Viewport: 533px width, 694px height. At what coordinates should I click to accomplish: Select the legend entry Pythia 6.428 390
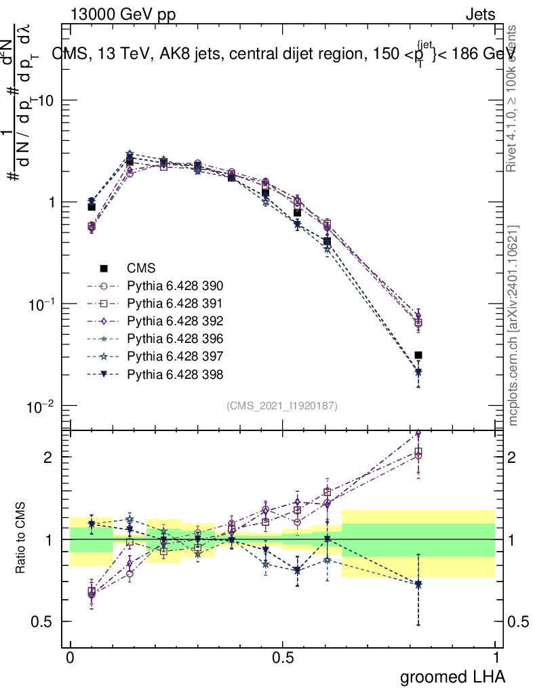point(175,285)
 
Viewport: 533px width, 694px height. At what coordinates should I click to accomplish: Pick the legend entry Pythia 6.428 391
point(175,303)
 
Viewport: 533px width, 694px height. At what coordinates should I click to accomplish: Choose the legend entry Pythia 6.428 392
point(175,321)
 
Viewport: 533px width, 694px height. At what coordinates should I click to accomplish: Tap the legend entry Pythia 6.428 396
point(175,338)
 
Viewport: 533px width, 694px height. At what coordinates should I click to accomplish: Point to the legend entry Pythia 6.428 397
point(175,356)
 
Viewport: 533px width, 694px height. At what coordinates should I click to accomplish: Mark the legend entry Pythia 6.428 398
point(175,373)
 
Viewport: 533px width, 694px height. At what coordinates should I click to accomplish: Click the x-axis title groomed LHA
point(453,676)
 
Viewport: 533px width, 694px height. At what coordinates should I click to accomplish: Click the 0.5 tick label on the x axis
point(283,658)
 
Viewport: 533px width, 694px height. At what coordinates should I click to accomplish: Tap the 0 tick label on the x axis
point(70,658)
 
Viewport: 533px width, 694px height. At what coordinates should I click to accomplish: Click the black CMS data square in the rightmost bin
point(418,355)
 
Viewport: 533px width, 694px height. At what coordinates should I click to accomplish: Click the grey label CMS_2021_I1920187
point(282,405)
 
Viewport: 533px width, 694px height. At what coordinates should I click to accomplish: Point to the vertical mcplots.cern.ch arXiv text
point(513,325)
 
